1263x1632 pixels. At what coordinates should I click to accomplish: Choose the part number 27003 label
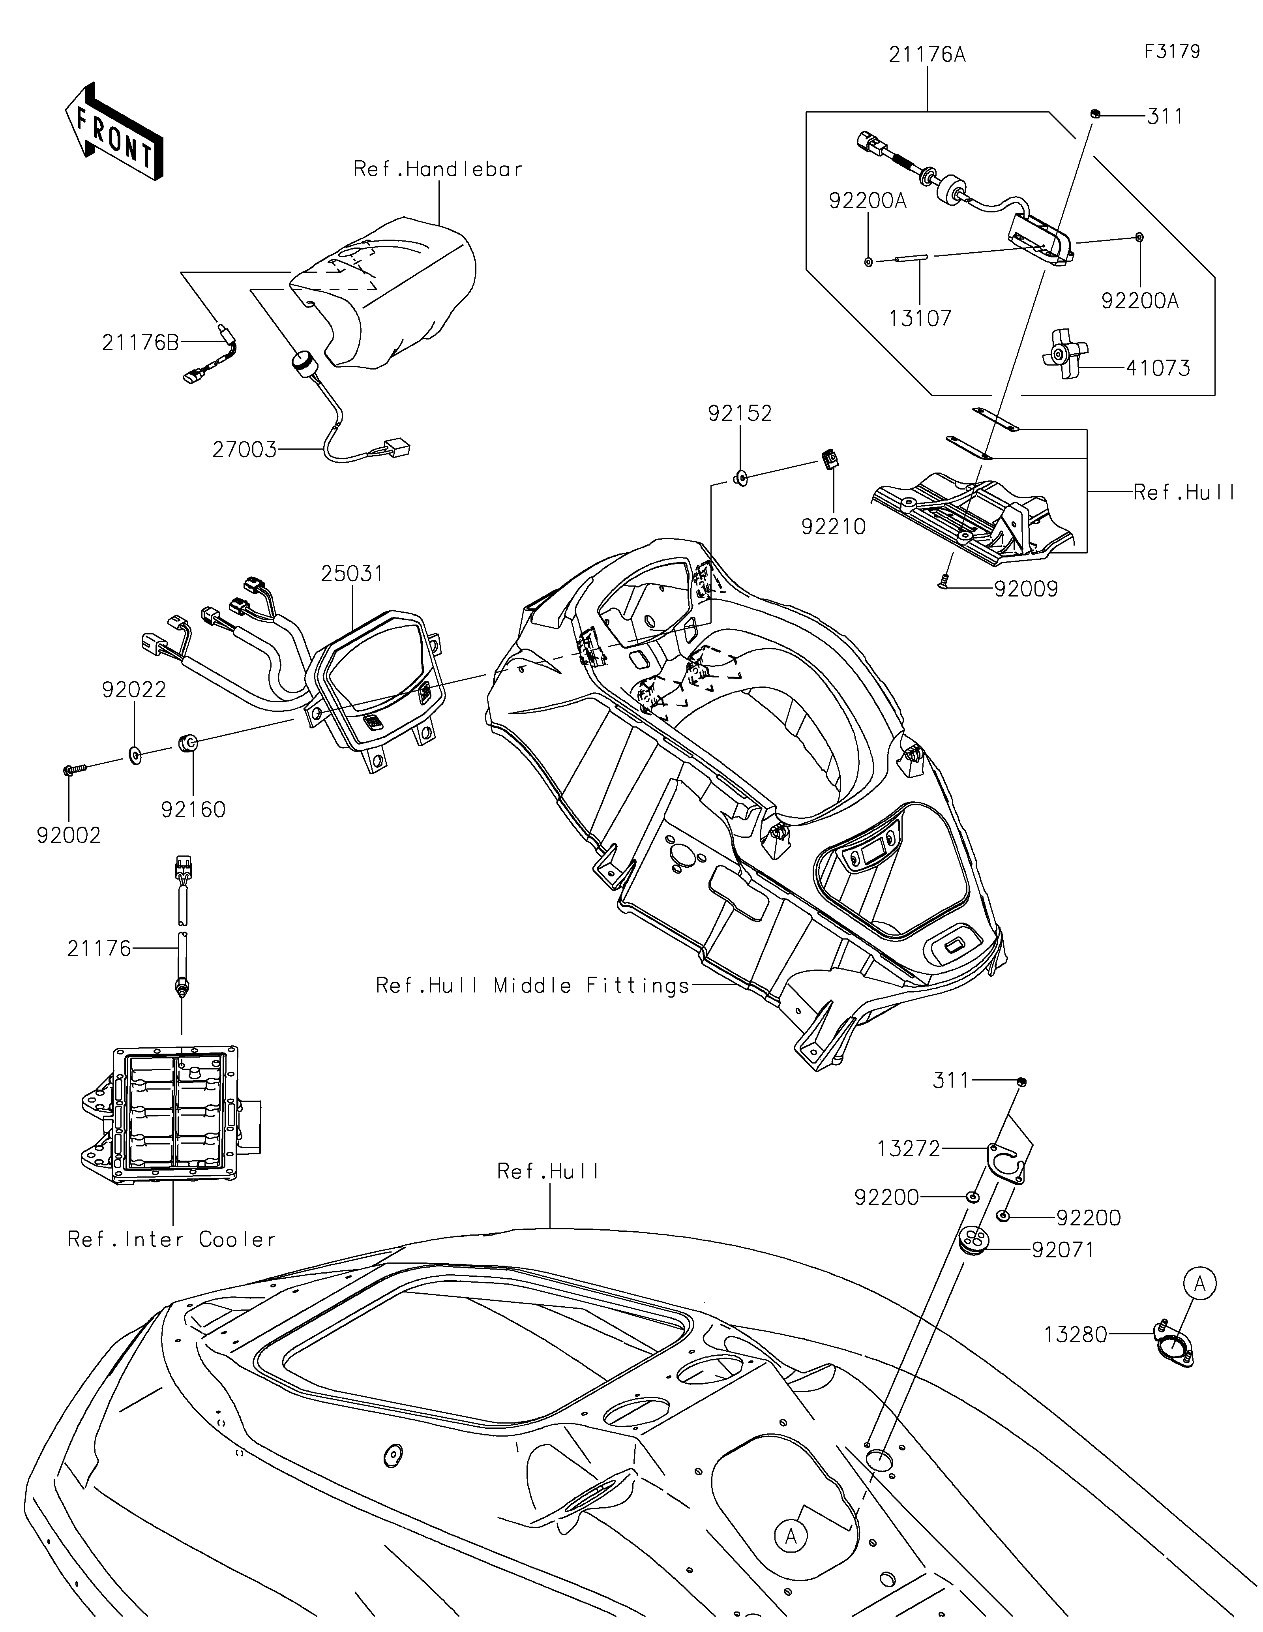coord(244,450)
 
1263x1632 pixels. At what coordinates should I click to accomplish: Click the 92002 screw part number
coord(69,835)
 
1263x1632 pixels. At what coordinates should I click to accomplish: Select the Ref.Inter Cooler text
coord(172,1240)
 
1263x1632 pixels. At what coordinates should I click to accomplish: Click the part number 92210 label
coord(834,527)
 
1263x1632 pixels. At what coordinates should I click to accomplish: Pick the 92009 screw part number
coord(1026,589)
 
